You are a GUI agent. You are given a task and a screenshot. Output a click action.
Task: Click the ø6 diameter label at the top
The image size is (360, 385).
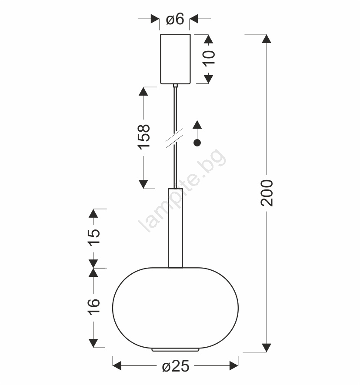pyautogui.click(x=175, y=19)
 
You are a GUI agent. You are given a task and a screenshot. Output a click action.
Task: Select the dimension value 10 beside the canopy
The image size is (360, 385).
pyautogui.click(x=209, y=58)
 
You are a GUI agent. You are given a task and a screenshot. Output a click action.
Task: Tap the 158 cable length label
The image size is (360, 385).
pyautogui.click(x=144, y=137)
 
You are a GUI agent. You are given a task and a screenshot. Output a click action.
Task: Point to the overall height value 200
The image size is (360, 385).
pyautogui.click(x=267, y=193)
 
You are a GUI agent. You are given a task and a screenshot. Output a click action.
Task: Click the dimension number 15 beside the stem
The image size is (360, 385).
pyautogui.click(x=94, y=237)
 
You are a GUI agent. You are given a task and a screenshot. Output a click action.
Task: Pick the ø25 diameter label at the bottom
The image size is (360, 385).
pyautogui.click(x=176, y=366)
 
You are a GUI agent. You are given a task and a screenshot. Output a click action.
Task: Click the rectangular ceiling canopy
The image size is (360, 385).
pyautogui.click(x=175, y=59)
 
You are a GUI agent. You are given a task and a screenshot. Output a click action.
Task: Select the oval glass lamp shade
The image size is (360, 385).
pyautogui.click(x=176, y=308)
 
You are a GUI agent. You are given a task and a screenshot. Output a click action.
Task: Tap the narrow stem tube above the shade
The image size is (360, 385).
pyautogui.click(x=176, y=228)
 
